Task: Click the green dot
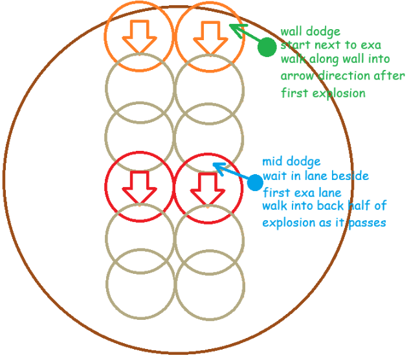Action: pos(266,47)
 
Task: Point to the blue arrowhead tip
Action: pos(214,164)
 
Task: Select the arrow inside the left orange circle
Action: pos(140,37)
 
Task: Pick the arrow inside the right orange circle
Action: pos(208,37)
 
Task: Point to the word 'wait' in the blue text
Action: pos(274,176)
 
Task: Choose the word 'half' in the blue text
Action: pos(347,207)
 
